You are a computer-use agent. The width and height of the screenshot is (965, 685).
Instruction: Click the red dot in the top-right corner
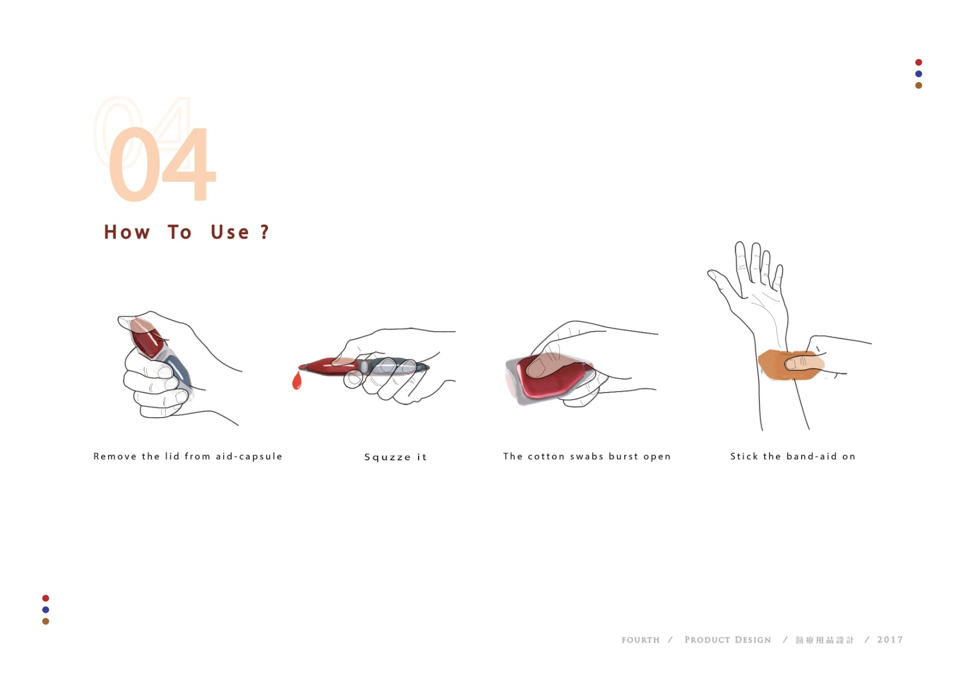pyautogui.click(x=918, y=62)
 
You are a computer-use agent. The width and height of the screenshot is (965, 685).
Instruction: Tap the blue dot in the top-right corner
pyautogui.click(x=918, y=74)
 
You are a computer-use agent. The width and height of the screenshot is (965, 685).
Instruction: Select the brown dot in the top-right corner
pyautogui.click(x=918, y=85)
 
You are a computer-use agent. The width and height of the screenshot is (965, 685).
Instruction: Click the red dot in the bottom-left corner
pyautogui.click(x=46, y=598)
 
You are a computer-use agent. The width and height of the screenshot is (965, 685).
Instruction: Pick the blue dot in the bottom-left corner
pyautogui.click(x=46, y=610)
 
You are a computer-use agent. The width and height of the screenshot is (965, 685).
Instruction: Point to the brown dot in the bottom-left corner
pyautogui.click(x=46, y=621)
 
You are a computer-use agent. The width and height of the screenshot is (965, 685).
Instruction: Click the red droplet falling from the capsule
pyautogui.click(x=297, y=380)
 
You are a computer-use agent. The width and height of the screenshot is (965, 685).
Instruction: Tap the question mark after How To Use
pyautogui.click(x=265, y=232)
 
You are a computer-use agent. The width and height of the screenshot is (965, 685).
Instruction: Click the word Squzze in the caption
pyautogui.click(x=388, y=457)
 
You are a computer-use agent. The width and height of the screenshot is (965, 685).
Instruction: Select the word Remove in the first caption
pyautogui.click(x=115, y=456)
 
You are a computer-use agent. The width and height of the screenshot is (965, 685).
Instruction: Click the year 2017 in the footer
pyautogui.click(x=890, y=640)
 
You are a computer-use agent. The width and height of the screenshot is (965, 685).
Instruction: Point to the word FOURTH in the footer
pyautogui.click(x=640, y=640)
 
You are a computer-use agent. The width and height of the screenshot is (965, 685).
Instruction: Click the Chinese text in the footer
pyautogui.click(x=825, y=640)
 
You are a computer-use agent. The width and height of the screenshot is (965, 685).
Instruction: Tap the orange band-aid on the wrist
pyautogui.click(x=790, y=365)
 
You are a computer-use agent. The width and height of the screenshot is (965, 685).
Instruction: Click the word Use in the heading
pyautogui.click(x=230, y=232)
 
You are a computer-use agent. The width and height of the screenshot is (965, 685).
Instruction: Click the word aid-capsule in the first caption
pyautogui.click(x=249, y=456)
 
